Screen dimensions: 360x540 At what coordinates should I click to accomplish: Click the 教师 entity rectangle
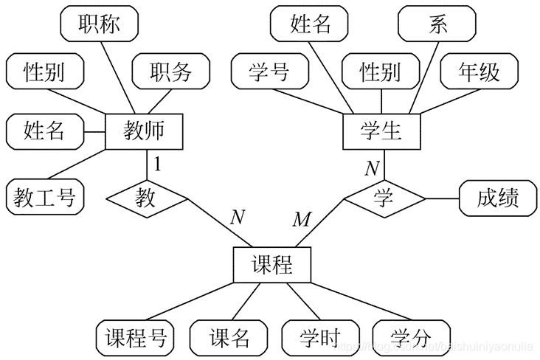144,132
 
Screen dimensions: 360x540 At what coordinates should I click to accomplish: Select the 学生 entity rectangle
381,132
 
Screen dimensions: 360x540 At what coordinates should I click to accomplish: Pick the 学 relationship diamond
384,198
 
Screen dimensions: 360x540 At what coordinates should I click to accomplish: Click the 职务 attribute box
170,72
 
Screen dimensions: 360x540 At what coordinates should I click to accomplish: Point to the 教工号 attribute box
44,197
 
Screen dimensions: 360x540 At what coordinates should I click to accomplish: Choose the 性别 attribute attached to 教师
44,72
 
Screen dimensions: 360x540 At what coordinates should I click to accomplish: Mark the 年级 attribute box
480,72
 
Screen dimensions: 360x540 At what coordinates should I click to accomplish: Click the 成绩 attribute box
497,198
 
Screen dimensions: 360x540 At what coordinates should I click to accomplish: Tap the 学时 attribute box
319,338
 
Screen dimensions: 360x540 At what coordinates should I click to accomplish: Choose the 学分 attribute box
411,338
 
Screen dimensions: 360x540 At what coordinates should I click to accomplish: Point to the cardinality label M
302,219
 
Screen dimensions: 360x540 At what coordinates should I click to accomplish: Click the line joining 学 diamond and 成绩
443,198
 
